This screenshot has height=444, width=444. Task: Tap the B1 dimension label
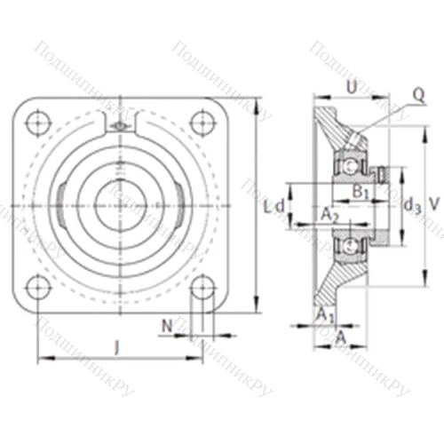click(x=360, y=192)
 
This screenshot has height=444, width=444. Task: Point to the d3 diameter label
click(x=410, y=206)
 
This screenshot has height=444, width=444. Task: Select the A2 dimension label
click(x=329, y=213)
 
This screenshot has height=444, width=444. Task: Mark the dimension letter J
click(x=118, y=346)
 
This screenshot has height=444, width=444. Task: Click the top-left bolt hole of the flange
click(x=37, y=122)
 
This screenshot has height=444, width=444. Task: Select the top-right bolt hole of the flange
click(x=201, y=122)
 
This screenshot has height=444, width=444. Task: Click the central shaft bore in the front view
click(x=119, y=203)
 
